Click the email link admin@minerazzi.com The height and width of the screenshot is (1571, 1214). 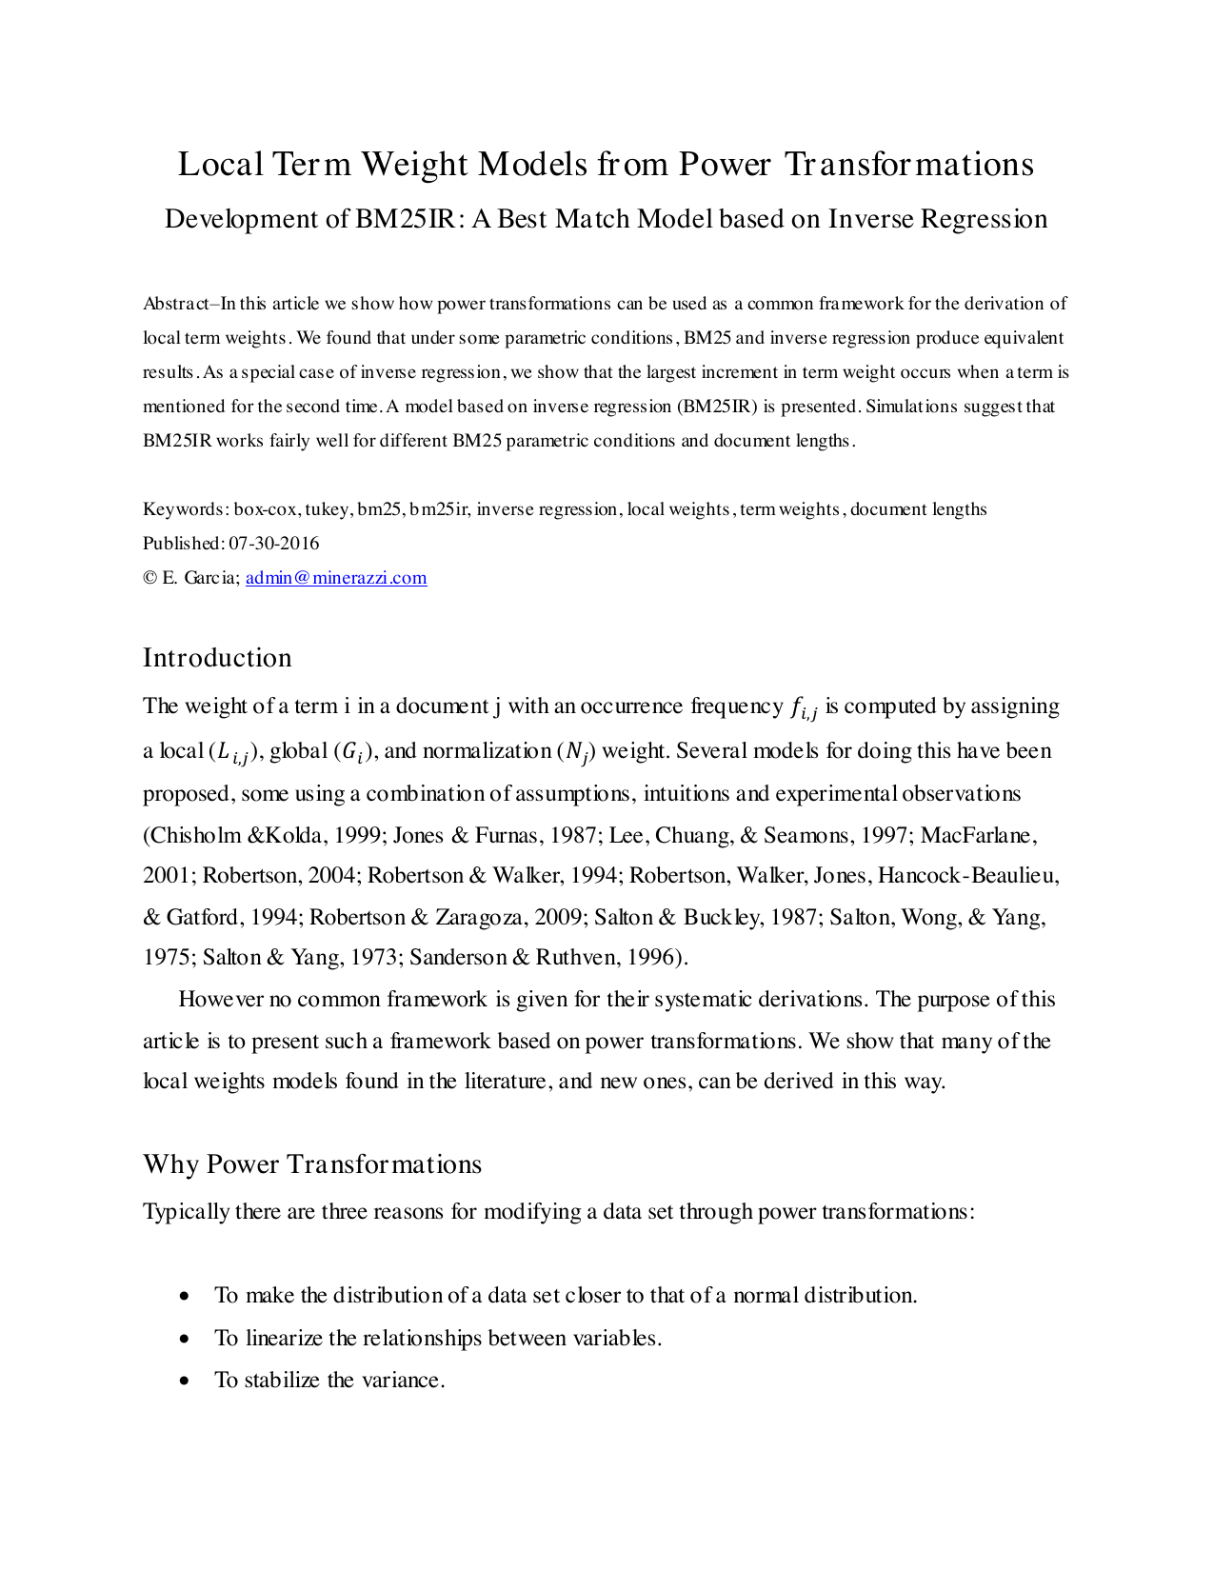click(x=336, y=578)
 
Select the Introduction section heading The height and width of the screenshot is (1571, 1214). click(x=217, y=658)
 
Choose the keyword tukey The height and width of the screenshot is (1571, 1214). click(x=327, y=509)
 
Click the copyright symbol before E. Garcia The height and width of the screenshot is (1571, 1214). click(x=149, y=578)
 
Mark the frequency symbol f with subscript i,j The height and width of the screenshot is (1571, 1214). click(x=803, y=708)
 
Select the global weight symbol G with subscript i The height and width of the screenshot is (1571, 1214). click(x=348, y=752)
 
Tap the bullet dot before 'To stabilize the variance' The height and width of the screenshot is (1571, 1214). click(x=185, y=1381)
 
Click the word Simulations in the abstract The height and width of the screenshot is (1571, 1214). click(x=911, y=407)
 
